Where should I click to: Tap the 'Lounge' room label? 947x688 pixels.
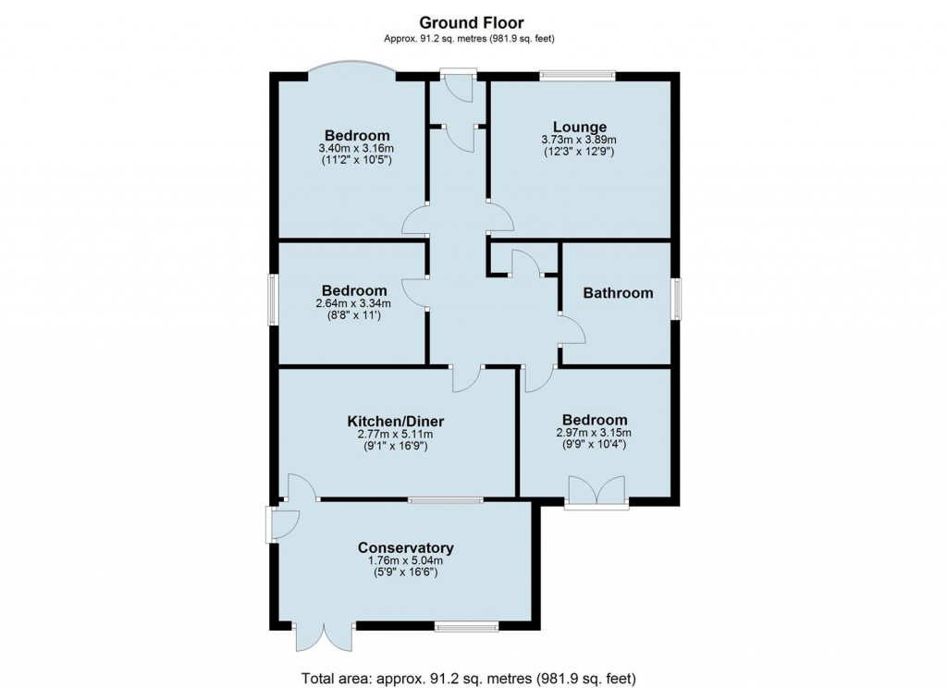580,127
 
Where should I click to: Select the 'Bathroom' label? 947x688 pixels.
618,293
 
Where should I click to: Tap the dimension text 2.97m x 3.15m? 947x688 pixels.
593,432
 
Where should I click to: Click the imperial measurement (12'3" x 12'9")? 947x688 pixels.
580,152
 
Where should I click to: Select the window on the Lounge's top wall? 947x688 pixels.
578,76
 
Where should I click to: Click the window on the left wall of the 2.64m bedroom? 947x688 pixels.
274,300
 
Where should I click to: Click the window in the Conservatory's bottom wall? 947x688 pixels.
466,626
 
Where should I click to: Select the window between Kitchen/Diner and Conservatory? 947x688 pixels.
446,499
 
